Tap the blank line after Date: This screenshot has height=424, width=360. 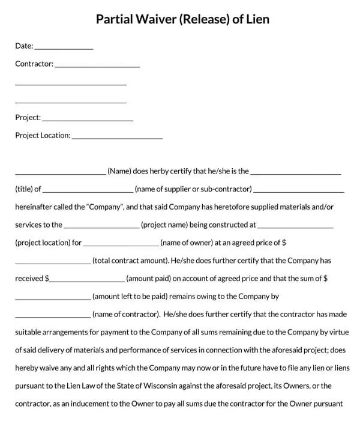pyautogui.click(x=64, y=47)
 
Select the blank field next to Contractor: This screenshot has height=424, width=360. pyautogui.click(x=97, y=65)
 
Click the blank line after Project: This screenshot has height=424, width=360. pyautogui.click(x=88, y=119)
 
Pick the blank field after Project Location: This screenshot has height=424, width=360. pyautogui.click(x=118, y=137)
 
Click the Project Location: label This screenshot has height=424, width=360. pyautogui.click(x=43, y=136)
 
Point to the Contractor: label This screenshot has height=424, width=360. pyautogui.click(x=34, y=64)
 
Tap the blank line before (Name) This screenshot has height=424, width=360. pyautogui.click(x=61, y=173)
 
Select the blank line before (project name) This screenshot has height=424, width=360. pyautogui.click(x=101, y=227)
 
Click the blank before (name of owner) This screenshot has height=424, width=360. pyautogui.click(x=121, y=245)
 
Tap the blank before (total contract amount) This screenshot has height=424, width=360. pyautogui.click(x=53, y=263)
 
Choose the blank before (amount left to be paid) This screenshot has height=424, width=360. pyautogui.click(x=53, y=299)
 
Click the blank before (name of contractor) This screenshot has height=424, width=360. pyautogui.click(x=53, y=316)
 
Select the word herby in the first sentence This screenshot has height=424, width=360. pyautogui.click(x=163, y=171)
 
